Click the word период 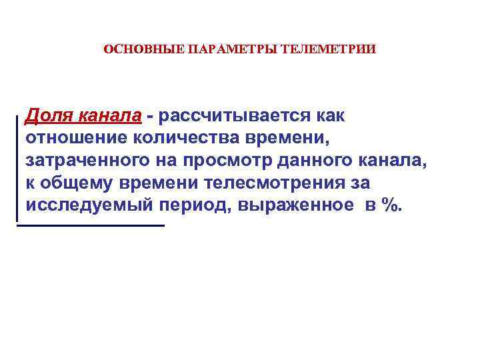pos(193,205)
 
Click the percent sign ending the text pos(393,205)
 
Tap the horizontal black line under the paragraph pos(91,225)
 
